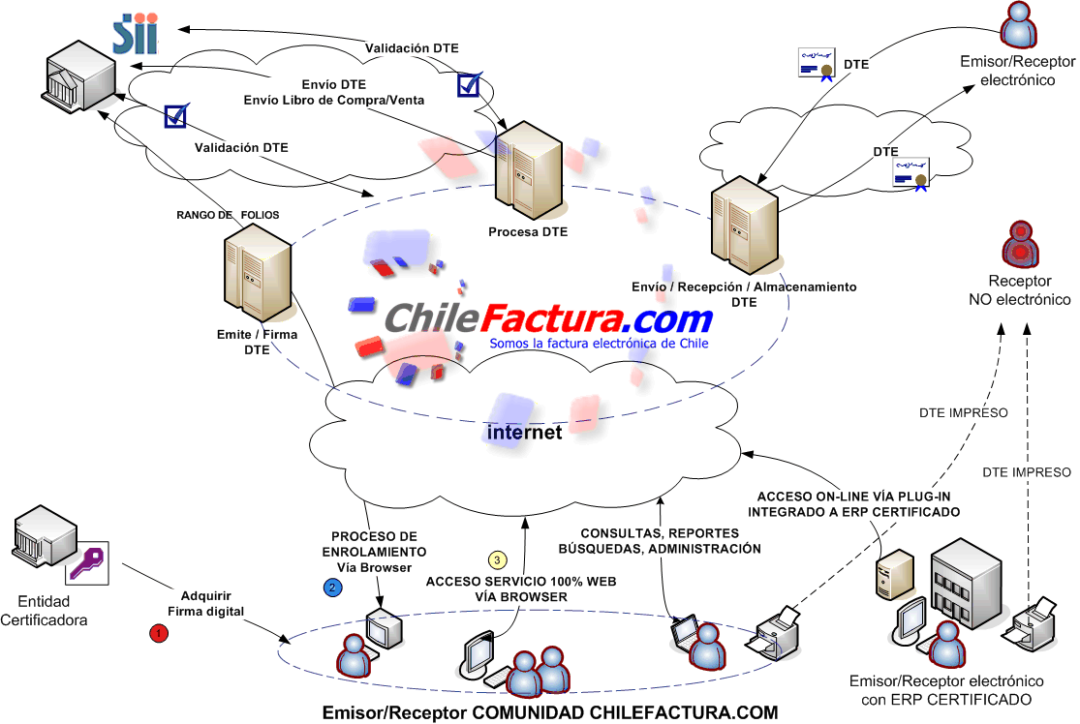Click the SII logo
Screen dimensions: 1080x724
pyautogui.click(x=137, y=33)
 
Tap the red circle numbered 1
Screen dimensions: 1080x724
pyautogui.click(x=159, y=632)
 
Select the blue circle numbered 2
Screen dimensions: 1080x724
pyautogui.click(x=332, y=588)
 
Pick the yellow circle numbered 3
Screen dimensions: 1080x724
pyautogui.click(x=497, y=560)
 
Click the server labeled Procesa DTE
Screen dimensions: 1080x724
pyautogui.click(x=529, y=170)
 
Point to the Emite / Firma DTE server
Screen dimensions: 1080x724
pyautogui.click(x=258, y=273)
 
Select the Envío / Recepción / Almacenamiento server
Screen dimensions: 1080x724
pyautogui.click(x=745, y=226)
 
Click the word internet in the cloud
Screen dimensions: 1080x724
pyautogui.click(x=524, y=432)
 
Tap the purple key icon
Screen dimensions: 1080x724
pyautogui.click(x=87, y=562)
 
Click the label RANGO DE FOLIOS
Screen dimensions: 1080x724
pyautogui.click(x=228, y=215)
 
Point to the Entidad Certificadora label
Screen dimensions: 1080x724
pyautogui.click(x=45, y=611)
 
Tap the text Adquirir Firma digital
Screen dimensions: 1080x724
pyautogui.click(x=206, y=604)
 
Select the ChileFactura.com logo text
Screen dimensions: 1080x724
pyautogui.click(x=548, y=318)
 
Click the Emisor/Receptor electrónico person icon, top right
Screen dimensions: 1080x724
pyautogui.click(x=1019, y=25)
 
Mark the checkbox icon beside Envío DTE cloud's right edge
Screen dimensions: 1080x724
pyautogui.click(x=469, y=84)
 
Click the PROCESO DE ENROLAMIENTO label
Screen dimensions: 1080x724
pyautogui.click(x=374, y=544)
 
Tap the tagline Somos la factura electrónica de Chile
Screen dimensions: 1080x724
pyautogui.click(x=599, y=343)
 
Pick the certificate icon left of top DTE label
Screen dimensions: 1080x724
pyautogui.click(x=817, y=64)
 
